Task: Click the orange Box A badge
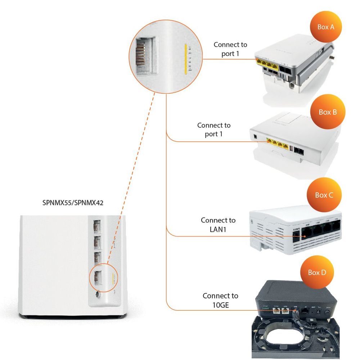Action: pyautogui.click(x=323, y=27)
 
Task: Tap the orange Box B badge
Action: pyautogui.click(x=328, y=112)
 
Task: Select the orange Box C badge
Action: pyautogui.click(x=324, y=195)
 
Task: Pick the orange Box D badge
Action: pyautogui.click(x=317, y=273)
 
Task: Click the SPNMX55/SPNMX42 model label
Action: pyautogui.click(x=73, y=203)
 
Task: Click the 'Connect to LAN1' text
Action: pyautogui.click(x=218, y=224)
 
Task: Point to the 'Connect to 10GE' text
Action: pyautogui.click(x=220, y=300)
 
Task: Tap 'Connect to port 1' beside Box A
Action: pyautogui.click(x=230, y=49)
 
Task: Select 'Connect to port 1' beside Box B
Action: pyautogui.click(x=214, y=130)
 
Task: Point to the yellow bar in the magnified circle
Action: pyautogui.click(x=185, y=59)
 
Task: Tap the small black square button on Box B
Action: pyautogui.click(x=255, y=136)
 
